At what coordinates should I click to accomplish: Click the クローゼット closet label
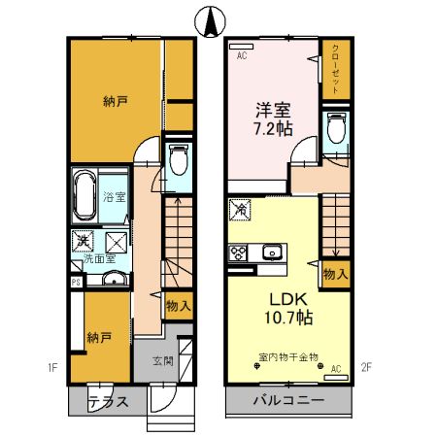click(335, 69)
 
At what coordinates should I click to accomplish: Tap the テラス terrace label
click(107, 402)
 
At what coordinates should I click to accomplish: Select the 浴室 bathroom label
click(115, 198)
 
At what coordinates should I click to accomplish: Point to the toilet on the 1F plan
click(178, 160)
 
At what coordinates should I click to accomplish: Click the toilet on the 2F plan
click(337, 129)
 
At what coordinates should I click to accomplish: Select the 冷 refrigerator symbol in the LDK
click(241, 208)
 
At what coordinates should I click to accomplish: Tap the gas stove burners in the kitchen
click(238, 253)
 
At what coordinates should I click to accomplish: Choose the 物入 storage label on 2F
click(334, 276)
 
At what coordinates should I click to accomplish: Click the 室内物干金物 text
click(290, 357)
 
